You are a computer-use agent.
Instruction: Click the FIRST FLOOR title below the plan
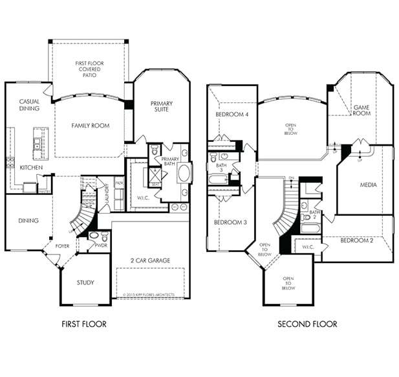click(83, 324)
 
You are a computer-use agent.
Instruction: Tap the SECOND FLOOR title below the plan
click(307, 324)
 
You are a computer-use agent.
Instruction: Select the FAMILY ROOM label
click(90, 126)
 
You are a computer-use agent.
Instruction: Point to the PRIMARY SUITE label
click(162, 107)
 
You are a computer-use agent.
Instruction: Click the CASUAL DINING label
click(29, 105)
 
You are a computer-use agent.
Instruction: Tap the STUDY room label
click(85, 282)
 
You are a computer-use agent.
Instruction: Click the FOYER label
click(62, 246)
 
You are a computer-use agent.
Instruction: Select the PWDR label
click(100, 246)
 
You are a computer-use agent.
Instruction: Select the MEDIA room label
click(368, 185)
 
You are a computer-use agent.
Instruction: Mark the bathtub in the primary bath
click(184, 174)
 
